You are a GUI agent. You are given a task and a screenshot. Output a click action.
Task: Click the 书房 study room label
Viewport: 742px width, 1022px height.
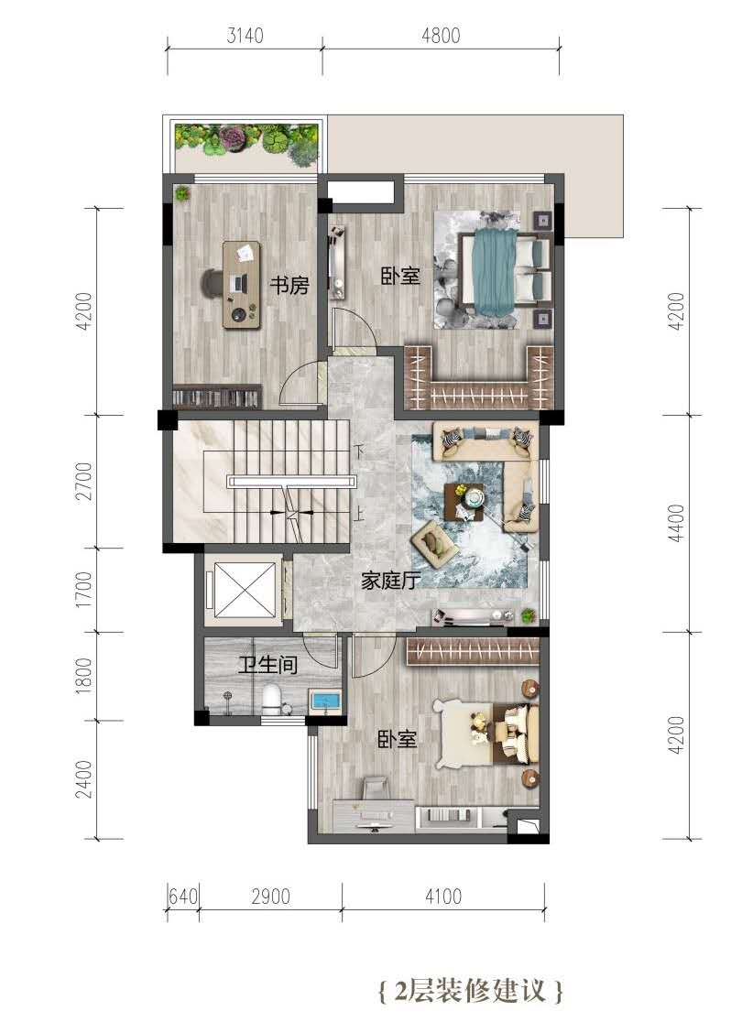coord(289,285)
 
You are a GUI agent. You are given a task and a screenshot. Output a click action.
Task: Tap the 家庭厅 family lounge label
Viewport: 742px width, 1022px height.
coord(390,580)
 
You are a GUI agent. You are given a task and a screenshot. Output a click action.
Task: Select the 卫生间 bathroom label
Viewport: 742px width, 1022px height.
coord(268,665)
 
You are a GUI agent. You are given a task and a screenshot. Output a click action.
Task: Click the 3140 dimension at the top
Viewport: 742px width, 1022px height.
coord(246,35)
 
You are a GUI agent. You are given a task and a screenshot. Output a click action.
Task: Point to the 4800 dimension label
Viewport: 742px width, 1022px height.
coord(441,35)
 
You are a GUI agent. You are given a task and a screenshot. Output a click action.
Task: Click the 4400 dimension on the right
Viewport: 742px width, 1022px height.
coord(678,523)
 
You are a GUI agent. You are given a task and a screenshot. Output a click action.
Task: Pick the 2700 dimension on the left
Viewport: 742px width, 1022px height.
coord(84,481)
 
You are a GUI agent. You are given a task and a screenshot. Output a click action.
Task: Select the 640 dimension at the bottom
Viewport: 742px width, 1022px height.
coord(182,897)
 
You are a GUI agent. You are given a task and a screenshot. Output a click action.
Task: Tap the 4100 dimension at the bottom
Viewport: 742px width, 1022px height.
coord(443,897)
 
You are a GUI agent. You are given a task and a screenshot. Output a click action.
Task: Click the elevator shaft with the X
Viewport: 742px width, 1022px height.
coord(244,590)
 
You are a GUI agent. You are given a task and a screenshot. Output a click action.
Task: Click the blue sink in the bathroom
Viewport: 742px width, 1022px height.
coord(324,701)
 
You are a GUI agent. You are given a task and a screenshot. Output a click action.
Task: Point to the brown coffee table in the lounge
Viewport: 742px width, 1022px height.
coord(464,502)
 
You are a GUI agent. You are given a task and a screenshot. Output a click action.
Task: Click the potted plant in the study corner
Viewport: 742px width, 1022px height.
coord(182,193)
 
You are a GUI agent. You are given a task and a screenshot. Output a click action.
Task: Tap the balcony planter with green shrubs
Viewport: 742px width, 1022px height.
coord(246,141)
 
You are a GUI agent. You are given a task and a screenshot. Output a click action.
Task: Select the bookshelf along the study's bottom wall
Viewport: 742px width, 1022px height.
coord(217,397)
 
